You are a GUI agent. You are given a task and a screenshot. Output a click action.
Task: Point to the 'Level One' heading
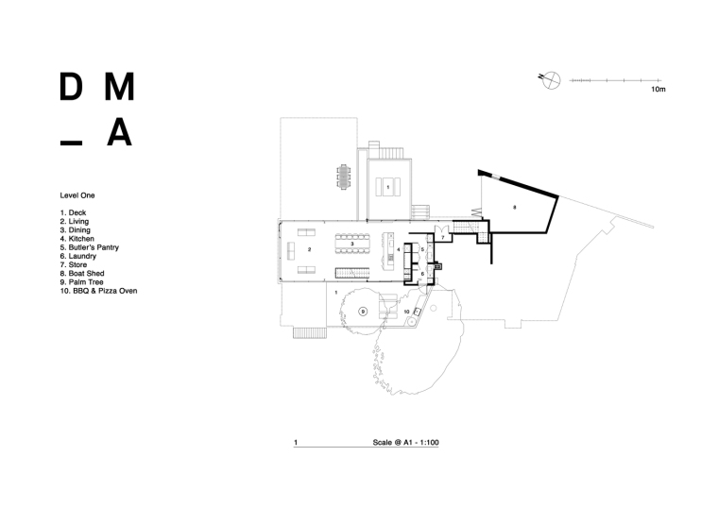[77, 195]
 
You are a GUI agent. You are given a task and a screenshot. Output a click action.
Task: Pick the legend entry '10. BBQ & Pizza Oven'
[98, 291]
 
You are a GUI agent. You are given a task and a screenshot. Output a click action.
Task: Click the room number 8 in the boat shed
[515, 205]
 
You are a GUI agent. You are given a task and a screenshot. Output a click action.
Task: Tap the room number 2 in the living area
[309, 250]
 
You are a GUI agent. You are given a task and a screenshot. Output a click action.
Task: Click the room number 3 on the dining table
[352, 244]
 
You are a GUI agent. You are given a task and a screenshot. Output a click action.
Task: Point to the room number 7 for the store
[441, 238]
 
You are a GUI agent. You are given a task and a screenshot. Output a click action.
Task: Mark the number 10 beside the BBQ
[406, 311]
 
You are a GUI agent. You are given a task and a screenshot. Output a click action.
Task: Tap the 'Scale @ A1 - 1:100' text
[413, 442]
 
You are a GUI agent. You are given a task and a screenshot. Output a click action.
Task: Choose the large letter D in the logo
[70, 88]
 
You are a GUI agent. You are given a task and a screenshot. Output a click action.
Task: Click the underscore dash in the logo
[70, 143]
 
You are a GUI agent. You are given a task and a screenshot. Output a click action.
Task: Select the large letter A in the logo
[118, 133]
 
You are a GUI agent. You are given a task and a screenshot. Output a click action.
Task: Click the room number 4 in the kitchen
[398, 249]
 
